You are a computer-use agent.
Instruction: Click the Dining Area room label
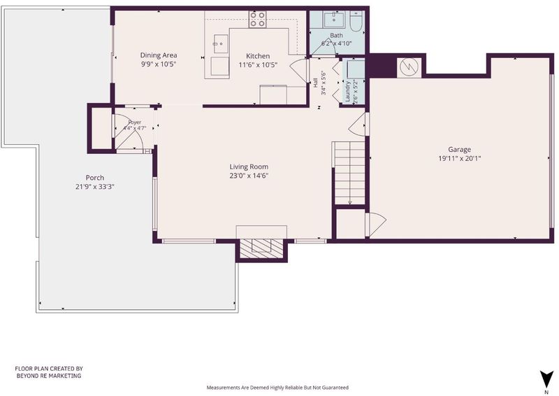(159, 55)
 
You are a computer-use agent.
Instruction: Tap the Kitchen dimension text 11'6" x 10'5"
(258, 64)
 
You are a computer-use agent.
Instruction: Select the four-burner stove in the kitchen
(257, 20)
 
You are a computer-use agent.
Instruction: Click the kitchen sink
(221, 44)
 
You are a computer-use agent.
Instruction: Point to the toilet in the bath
(356, 22)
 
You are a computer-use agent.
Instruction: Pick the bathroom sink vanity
(334, 20)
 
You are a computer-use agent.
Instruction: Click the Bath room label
(336, 36)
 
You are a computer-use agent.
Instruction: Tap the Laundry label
(347, 91)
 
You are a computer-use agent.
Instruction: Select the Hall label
(315, 83)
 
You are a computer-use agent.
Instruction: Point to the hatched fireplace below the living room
(261, 248)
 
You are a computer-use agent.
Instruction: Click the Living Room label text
(249, 167)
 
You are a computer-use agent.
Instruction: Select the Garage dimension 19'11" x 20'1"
(460, 158)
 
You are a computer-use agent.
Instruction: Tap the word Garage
(460, 150)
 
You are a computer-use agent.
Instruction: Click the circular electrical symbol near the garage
(409, 66)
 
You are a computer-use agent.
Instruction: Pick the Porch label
(95, 178)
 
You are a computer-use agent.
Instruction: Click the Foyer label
(135, 122)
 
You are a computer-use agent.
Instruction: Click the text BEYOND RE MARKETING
(49, 376)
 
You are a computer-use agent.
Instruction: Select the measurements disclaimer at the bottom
(277, 388)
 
